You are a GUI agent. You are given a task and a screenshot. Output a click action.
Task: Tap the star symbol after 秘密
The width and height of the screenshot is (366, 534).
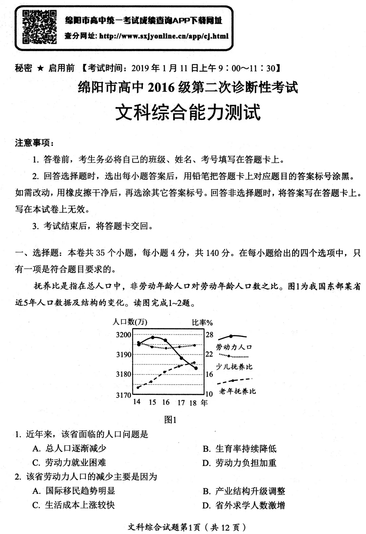pos(40,68)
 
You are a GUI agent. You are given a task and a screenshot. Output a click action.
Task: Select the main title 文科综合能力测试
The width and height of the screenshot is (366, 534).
pos(188,112)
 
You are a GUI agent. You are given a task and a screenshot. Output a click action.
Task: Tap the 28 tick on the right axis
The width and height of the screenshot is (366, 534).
pos(209,335)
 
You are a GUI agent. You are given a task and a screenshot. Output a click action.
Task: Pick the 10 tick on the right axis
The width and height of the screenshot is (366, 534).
pos(209,394)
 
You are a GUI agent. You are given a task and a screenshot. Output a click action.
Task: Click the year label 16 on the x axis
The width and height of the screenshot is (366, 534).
pos(166,402)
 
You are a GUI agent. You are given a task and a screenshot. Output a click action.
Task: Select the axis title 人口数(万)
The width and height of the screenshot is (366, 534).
pos(130,322)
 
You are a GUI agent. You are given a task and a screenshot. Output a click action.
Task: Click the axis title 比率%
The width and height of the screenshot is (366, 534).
pos(202,322)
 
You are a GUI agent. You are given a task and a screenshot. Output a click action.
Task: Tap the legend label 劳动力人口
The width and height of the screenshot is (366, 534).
pos(234,347)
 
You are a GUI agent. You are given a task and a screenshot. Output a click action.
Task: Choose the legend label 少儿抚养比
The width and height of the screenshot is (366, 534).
pos(234,367)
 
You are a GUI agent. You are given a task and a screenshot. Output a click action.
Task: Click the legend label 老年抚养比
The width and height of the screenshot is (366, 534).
pos(237,391)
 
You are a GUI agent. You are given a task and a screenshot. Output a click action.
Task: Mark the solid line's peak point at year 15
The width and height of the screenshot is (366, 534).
pos(153,337)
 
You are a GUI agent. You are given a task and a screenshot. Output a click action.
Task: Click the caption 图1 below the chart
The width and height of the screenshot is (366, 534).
pos(170,420)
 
